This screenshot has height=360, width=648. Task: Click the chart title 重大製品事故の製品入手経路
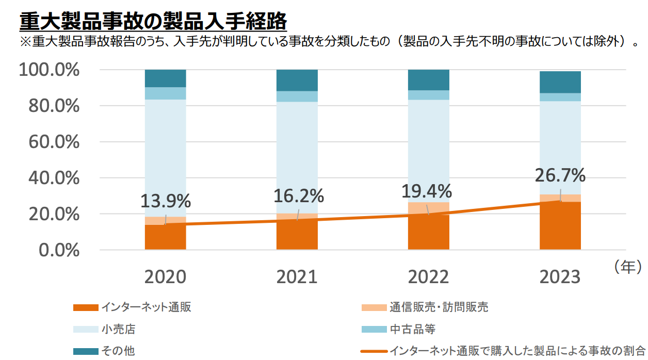(x=153, y=22)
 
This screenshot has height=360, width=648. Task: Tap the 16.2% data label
(x=298, y=197)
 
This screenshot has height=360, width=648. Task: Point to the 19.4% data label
(x=427, y=192)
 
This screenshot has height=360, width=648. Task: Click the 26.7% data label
(x=560, y=175)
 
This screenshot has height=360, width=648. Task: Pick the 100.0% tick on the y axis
(x=50, y=70)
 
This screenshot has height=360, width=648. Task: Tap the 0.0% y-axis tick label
(x=59, y=250)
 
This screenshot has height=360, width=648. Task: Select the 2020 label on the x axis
(x=165, y=277)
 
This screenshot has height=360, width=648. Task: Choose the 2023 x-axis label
(x=560, y=277)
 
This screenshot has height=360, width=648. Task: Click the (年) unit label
(x=627, y=267)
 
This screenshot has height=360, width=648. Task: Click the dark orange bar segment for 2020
(x=165, y=238)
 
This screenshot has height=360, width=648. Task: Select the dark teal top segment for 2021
(x=297, y=80)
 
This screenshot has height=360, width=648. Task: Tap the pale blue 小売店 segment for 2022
(x=429, y=150)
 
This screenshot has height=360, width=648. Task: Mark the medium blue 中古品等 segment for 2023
(x=560, y=97)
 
